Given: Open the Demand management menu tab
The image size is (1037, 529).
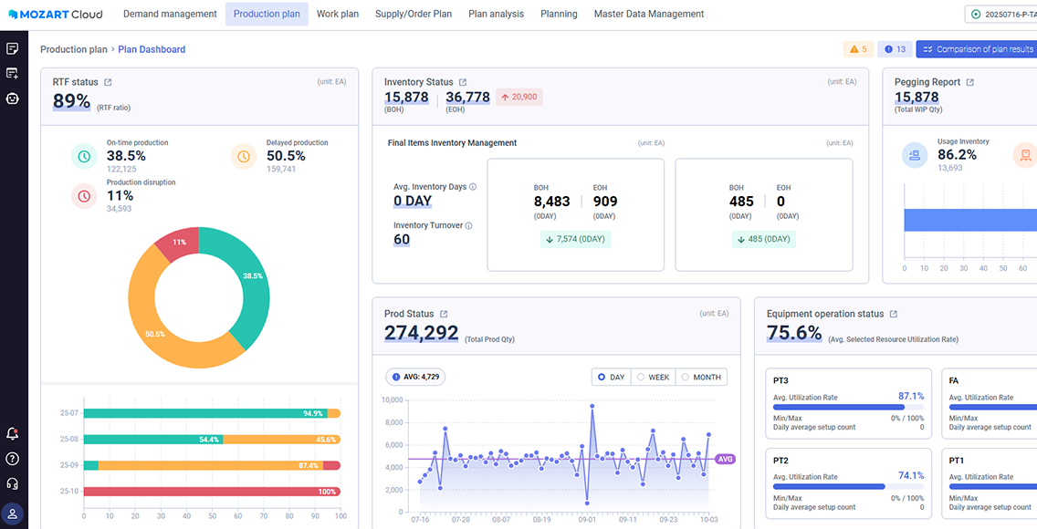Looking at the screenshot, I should pyautogui.click(x=170, y=14).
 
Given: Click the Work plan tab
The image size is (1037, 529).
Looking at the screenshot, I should pyautogui.click(x=338, y=14).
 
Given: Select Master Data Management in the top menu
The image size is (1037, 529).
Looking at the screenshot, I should pyautogui.click(x=648, y=14).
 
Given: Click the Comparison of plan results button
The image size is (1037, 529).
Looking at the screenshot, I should pyautogui.click(x=977, y=49).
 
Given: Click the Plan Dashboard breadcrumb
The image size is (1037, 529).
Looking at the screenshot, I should pyautogui.click(x=152, y=49).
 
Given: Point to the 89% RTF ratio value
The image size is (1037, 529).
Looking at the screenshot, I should pyautogui.click(x=71, y=101).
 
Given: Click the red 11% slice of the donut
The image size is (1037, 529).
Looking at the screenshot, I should pyautogui.click(x=173, y=244).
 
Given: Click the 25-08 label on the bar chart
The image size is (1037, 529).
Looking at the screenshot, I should pyautogui.click(x=69, y=439).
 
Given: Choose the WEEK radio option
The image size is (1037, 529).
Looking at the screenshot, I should pyautogui.click(x=653, y=377).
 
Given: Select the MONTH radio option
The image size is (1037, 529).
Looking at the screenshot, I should pyautogui.click(x=701, y=377).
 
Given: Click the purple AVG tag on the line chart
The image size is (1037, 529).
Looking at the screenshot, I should pyautogui.click(x=726, y=459).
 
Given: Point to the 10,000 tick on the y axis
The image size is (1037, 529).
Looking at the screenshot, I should pyautogui.click(x=391, y=399).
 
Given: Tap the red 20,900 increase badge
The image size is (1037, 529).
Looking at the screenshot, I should pyautogui.click(x=518, y=97).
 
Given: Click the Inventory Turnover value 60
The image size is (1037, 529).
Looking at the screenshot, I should pyautogui.click(x=402, y=240).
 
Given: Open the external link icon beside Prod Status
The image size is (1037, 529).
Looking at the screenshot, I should pyautogui.click(x=444, y=314).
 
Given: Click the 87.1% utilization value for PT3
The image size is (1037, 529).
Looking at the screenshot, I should pyautogui.click(x=911, y=397).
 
